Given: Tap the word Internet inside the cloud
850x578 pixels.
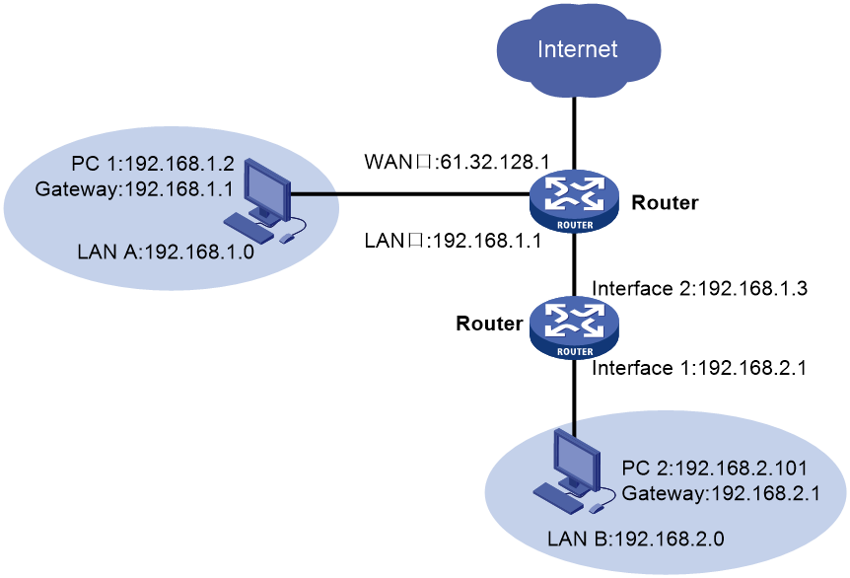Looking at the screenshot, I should (x=578, y=49).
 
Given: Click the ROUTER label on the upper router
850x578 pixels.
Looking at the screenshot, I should (x=575, y=223).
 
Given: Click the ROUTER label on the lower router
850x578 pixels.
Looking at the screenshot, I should (x=575, y=351).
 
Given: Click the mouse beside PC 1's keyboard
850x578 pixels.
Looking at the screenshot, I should (x=287, y=238).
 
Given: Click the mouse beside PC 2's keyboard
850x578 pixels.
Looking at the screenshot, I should (x=597, y=508).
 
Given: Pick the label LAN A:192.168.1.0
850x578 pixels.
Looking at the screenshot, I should (x=166, y=251).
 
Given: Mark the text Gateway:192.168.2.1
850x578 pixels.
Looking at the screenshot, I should (x=721, y=491).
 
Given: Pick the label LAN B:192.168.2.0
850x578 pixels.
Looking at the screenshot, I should (x=637, y=540).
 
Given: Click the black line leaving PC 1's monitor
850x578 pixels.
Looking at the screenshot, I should (x=315, y=195).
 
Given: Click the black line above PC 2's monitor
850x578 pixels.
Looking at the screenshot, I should (x=573, y=428).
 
